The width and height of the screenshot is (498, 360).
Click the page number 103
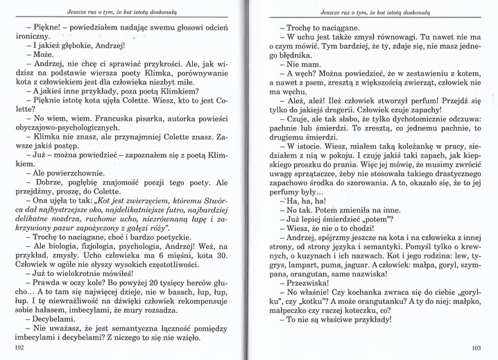476,347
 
